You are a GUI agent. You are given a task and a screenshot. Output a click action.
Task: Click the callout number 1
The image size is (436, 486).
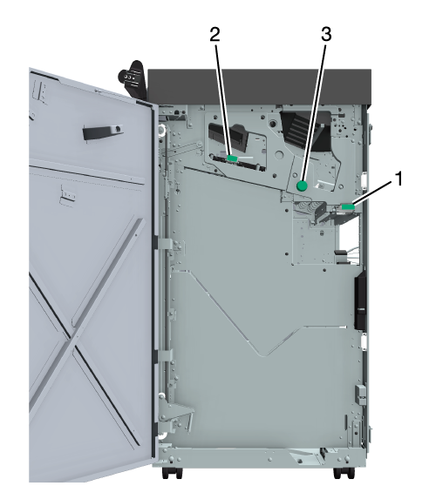pyautogui.click(x=399, y=179)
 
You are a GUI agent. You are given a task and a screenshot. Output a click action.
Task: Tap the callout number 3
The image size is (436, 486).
pyautogui.click(x=326, y=34)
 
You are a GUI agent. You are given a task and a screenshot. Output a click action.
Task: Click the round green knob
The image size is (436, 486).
pyautogui.click(x=302, y=186)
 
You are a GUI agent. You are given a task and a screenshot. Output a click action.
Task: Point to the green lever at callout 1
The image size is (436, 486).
pyautogui.click(x=348, y=206)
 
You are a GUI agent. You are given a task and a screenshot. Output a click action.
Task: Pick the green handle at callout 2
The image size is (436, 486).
pyautogui.click(x=232, y=159)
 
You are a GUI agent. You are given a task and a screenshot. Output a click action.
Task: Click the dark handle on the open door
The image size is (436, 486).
pyautogui.click(x=103, y=132)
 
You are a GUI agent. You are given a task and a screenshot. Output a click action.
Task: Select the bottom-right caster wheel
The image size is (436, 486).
pyautogui.click(x=344, y=473)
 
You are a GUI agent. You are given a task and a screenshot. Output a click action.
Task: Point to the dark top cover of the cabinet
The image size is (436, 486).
pyautogui.click(x=260, y=86)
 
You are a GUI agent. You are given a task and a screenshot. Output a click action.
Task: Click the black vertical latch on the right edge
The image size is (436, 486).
pyautogui.click(x=360, y=300)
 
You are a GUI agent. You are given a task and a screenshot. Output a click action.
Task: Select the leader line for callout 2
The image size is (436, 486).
pyautogui.click(x=223, y=99)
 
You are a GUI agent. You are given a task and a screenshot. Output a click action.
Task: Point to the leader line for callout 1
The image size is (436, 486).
pyautogui.click(x=372, y=193)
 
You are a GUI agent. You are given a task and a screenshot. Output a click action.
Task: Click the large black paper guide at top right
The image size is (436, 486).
pyautogui.click(x=305, y=131)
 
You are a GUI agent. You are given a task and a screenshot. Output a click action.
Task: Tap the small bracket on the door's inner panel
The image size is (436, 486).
pyautogui.click(x=68, y=196)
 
